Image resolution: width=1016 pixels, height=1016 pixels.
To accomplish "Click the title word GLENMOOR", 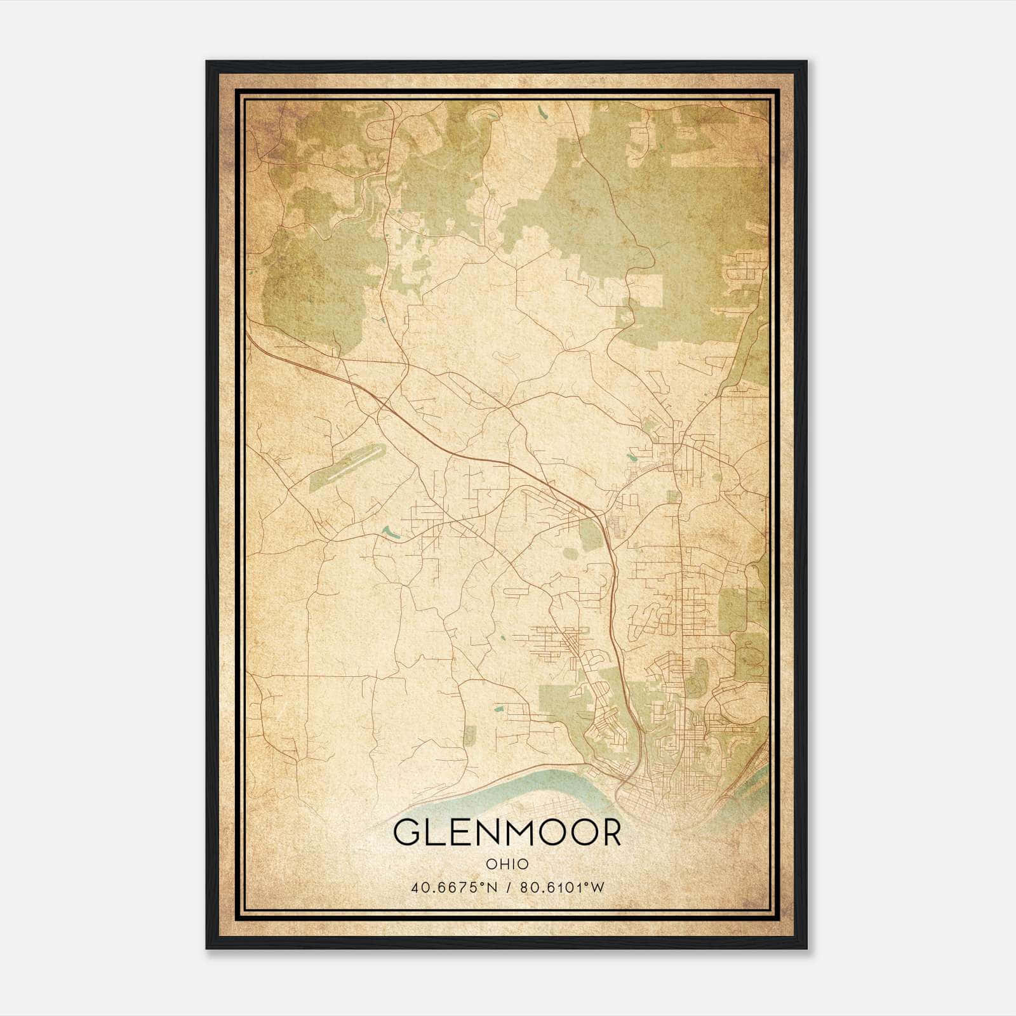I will (507, 832).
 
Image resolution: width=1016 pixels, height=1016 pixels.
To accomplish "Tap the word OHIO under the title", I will (507, 864).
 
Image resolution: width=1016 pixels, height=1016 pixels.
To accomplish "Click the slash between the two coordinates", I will (507, 887).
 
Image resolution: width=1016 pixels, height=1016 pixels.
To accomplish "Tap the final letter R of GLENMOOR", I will (610, 832).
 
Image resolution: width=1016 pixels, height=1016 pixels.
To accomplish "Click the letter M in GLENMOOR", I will (513, 832).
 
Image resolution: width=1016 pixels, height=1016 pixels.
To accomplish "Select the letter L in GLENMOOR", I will (434, 832).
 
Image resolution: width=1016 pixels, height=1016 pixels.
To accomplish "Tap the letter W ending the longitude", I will (598, 887).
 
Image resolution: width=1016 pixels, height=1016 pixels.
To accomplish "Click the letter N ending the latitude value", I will (488, 887).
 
